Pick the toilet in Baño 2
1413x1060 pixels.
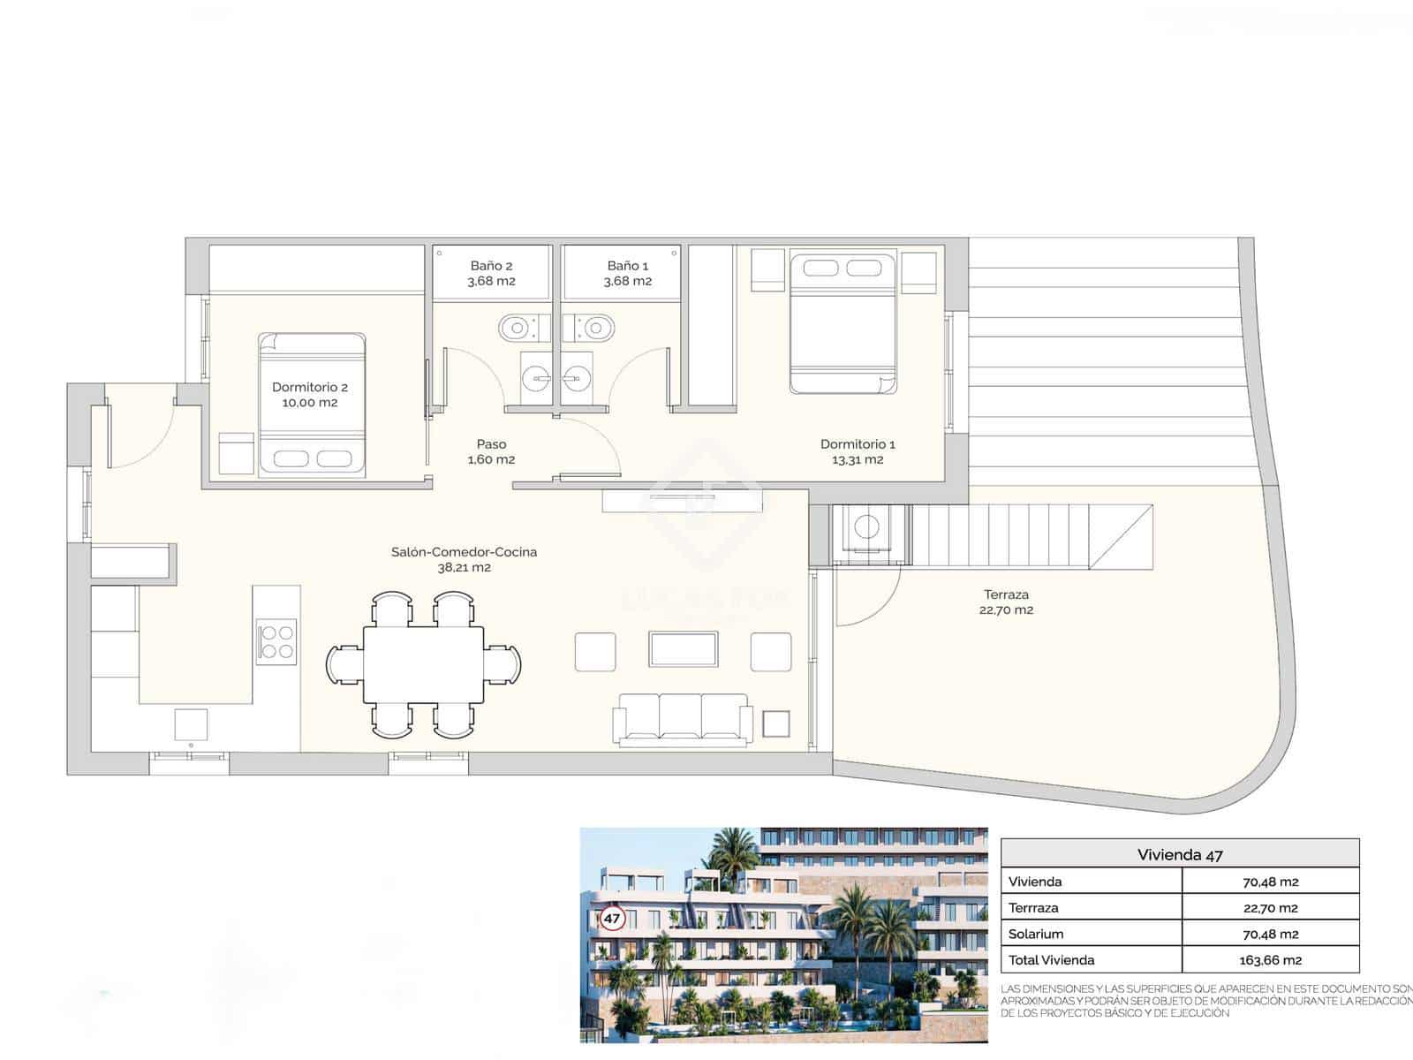pos(515,329)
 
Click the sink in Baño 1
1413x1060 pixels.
pos(578,378)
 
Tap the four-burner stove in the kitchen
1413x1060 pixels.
pos(276,642)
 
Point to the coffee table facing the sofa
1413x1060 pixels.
pos(684,649)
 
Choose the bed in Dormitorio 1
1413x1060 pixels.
pos(843,323)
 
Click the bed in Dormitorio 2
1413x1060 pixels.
pos(312,405)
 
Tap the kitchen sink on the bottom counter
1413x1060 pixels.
pos(191,724)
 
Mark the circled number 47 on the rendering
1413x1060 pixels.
pos(612,919)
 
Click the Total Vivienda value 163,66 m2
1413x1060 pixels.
pos(1270,960)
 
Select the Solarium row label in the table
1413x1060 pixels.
pos(1036,934)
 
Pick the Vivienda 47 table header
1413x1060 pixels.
pos(1180,854)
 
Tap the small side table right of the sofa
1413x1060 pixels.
pos(776,724)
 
